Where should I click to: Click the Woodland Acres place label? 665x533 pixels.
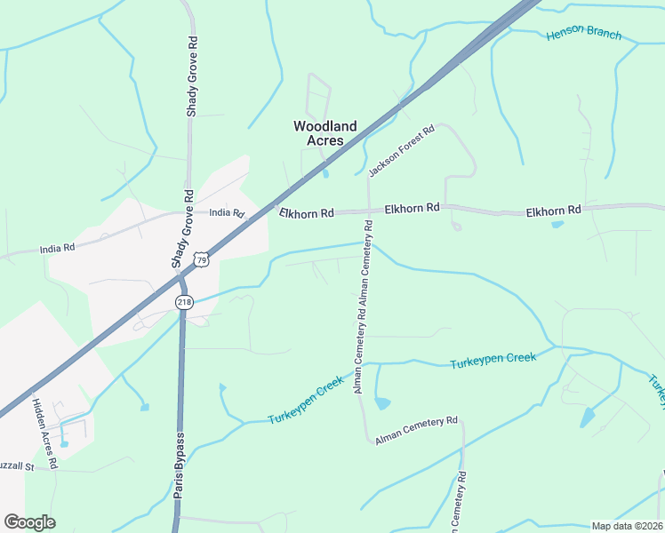coord(324,133)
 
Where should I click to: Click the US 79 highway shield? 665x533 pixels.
coord(203,259)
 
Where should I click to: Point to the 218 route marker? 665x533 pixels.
coord(183,302)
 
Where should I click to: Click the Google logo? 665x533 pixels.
coord(29,522)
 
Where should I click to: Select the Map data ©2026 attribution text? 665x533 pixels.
coord(628,526)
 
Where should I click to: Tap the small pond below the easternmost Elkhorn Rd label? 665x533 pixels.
coord(557,224)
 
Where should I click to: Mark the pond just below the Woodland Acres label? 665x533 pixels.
coord(325,173)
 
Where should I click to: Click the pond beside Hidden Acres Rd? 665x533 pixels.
coord(63,443)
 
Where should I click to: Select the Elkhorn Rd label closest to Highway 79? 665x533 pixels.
coord(306,213)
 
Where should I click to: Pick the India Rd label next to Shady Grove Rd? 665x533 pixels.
coord(226,212)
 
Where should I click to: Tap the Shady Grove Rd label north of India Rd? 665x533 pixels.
coord(191,77)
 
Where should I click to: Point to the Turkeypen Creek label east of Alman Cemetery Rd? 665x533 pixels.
coord(493,361)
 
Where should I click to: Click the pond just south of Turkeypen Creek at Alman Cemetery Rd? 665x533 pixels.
coord(382,403)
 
